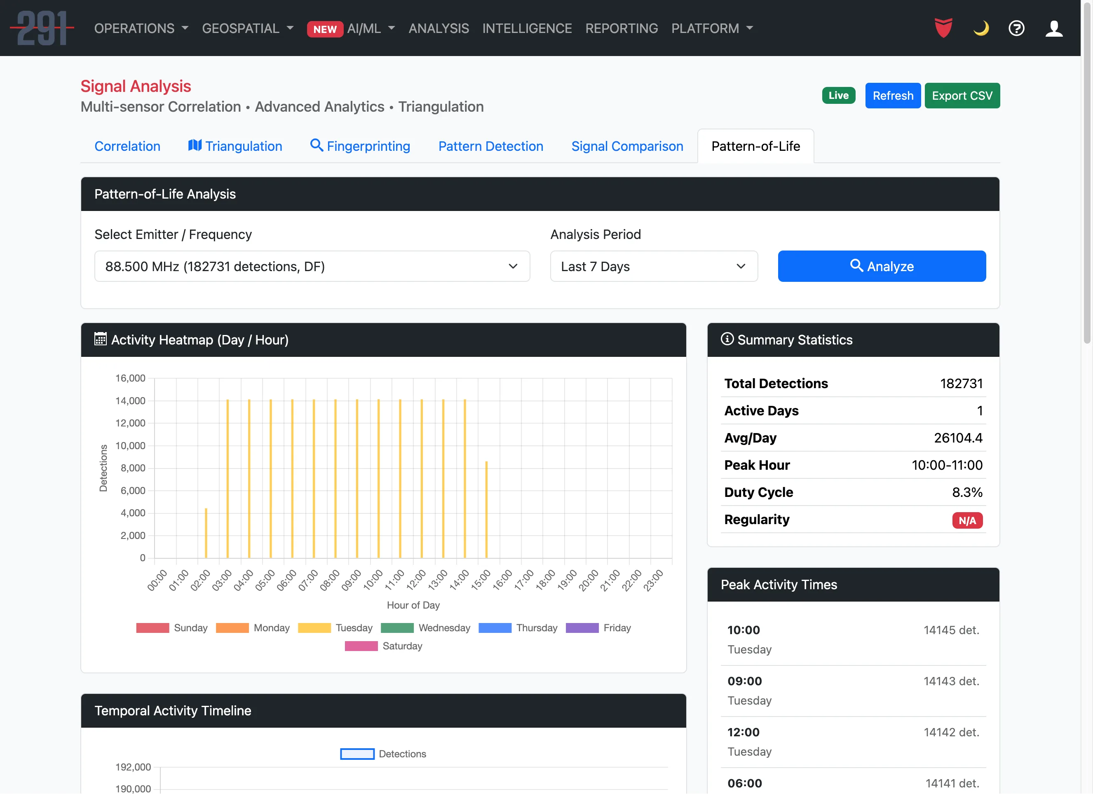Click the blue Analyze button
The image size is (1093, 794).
point(882,266)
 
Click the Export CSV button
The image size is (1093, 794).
point(962,96)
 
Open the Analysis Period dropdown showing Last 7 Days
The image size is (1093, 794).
point(654,266)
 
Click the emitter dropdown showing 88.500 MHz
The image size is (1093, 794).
point(312,266)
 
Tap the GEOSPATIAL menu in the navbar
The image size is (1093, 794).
point(247,28)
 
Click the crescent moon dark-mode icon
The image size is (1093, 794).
point(981,28)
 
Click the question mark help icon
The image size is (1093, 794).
point(1016,28)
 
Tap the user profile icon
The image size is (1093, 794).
point(1053,28)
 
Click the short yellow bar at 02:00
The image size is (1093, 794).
point(206,532)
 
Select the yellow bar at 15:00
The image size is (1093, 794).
point(486,509)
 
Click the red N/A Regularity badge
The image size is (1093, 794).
point(967,520)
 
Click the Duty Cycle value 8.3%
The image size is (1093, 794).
point(967,492)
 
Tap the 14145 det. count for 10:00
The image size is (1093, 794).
point(951,630)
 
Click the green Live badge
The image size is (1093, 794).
point(838,96)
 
